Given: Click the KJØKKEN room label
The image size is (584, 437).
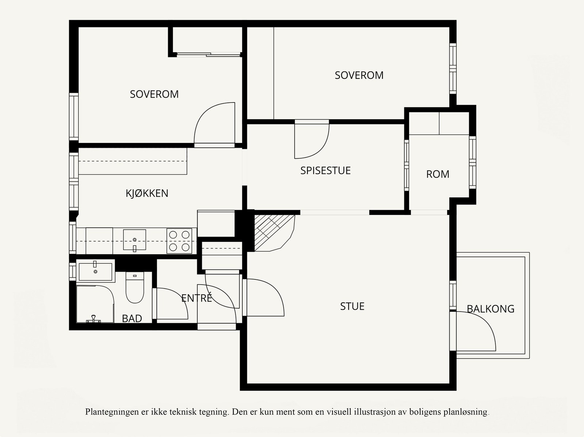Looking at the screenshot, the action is pyautogui.click(x=147, y=193).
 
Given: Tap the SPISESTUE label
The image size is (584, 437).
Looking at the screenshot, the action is pyautogui.click(x=325, y=170).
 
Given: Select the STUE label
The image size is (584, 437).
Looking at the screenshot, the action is pyautogui.click(x=352, y=306).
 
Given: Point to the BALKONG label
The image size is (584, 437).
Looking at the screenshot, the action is pyautogui.click(x=491, y=309).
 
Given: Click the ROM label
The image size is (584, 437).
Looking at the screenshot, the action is pyautogui.click(x=438, y=174).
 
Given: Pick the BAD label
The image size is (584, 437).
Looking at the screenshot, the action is pyautogui.click(x=132, y=318).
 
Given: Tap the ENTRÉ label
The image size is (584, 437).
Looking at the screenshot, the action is pyautogui.click(x=197, y=298).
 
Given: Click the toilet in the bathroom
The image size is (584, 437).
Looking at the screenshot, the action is pyautogui.click(x=135, y=287).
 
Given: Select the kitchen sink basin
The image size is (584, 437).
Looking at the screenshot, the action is pyautogui.click(x=135, y=240).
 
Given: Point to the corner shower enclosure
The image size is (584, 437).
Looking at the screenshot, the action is pyautogui.click(x=95, y=304).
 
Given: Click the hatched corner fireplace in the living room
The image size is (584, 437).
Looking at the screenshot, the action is pyautogui.click(x=274, y=233).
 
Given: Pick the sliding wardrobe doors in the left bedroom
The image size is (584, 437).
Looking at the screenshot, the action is pyautogui.click(x=209, y=54).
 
